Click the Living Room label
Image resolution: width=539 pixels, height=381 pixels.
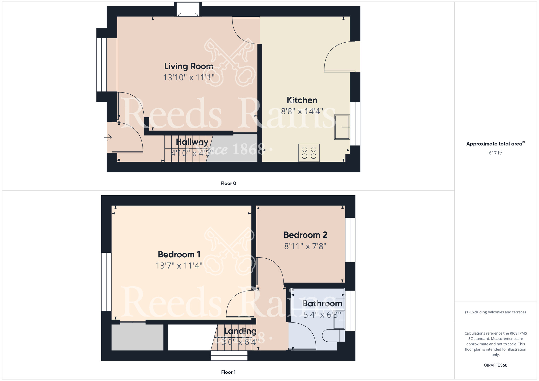(x=189, y=66)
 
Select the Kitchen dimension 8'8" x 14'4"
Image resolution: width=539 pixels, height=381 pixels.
(x=302, y=111)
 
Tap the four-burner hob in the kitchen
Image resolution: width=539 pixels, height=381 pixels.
(x=309, y=153)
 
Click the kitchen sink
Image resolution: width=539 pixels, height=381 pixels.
(x=342, y=127)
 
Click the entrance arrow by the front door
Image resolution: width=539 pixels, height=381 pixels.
(x=108, y=138)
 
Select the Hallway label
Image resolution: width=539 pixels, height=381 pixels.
(x=192, y=142)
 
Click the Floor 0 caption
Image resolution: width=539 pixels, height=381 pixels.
(x=228, y=183)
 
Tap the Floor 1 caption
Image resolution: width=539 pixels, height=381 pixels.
(x=228, y=372)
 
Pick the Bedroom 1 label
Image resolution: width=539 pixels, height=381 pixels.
(x=179, y=254)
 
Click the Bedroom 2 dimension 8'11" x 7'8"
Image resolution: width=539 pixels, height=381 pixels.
(x=305, y=246)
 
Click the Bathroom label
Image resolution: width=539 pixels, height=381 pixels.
(x=322, y=304)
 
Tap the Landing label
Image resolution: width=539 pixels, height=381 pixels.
(x=240, y=331)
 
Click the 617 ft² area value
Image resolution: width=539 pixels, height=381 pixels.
(x=495, y=153)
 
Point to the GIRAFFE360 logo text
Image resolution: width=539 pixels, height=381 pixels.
(x=495, y=365)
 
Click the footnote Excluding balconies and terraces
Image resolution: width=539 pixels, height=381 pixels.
(x=495, y=312)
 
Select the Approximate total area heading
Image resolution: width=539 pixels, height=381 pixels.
(x=495, y=144)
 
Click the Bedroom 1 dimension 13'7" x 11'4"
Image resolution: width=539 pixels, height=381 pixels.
(x=179, y=266)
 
